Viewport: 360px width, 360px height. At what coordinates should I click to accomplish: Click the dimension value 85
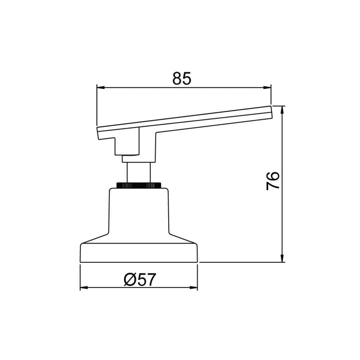pos(181,78)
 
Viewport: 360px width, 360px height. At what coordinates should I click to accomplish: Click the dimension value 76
pos(273,181)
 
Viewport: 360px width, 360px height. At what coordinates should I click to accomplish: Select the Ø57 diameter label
pos(140,279)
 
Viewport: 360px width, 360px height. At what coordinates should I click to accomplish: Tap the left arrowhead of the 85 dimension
pos(101,87)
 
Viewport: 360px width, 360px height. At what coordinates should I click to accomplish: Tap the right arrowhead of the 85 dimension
pos(267,87)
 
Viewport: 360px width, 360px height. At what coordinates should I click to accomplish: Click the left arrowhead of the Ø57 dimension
pos(84,287)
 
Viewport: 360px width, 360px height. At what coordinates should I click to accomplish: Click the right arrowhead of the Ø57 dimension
pos(194,287)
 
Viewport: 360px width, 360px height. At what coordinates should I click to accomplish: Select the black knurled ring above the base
pos(139,185)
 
